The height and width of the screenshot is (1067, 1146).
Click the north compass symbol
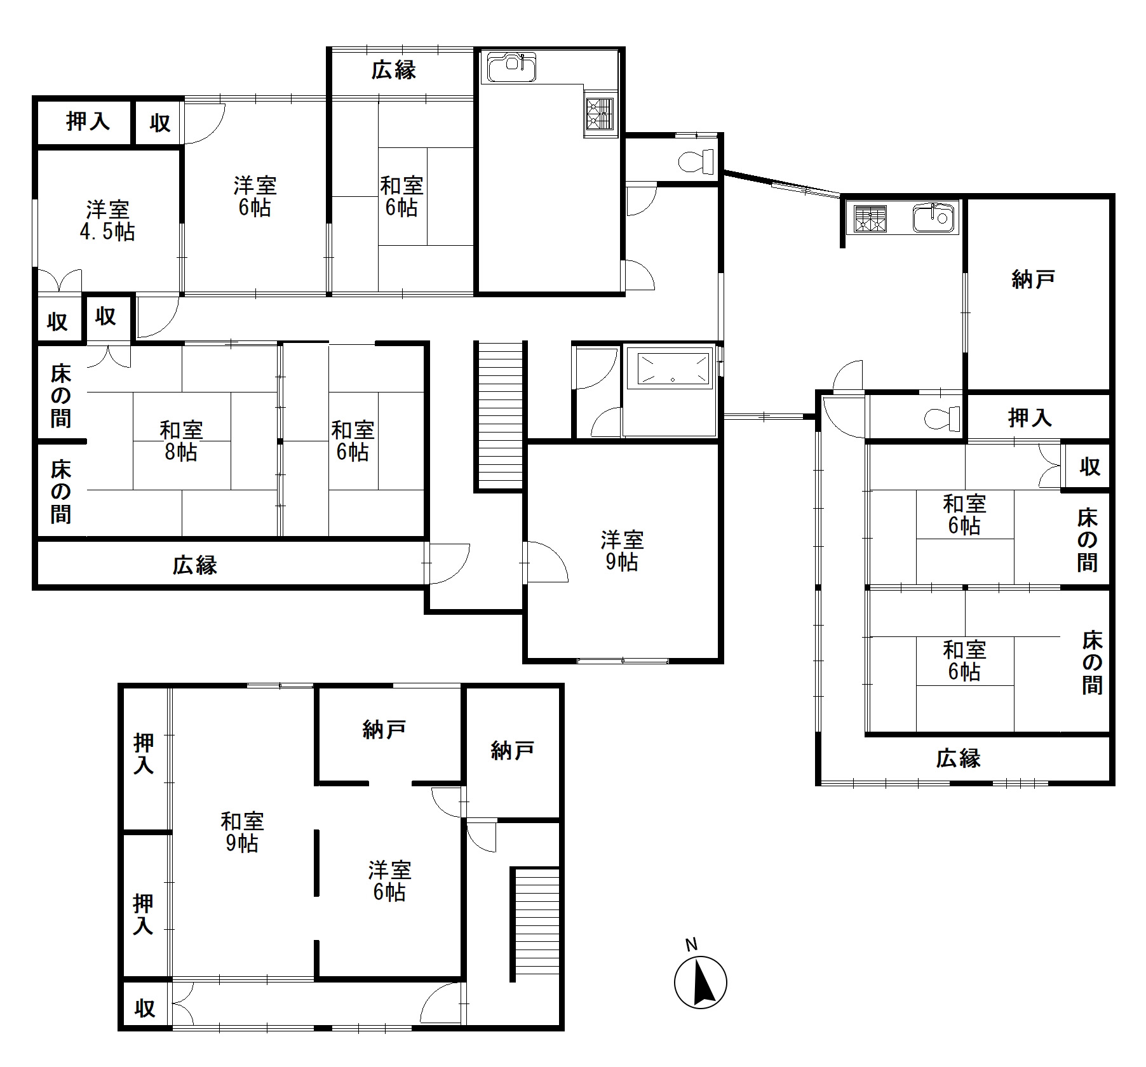(x=699, y=981)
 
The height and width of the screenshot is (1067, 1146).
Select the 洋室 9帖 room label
(x=622, y=551)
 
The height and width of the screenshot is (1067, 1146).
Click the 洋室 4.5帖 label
(x=107, y=220)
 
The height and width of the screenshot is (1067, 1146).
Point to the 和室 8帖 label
(x=181, y=441)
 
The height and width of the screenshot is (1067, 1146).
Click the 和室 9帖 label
(x=242, y=833)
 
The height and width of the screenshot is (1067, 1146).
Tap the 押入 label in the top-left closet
(x=88, y=121)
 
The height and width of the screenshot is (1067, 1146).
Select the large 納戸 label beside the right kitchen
(x=1034, y=279)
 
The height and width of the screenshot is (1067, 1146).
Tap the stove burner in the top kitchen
(x=600, y=117)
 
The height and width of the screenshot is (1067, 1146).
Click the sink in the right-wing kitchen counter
(x=934, y=218)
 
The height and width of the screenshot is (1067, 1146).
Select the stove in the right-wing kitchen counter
(x=870, y=218)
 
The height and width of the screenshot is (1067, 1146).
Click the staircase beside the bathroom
(x=499, y=416)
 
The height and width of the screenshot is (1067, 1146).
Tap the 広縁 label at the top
(x=394, y=70)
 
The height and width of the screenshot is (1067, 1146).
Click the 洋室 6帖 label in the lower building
(x=390, y=881)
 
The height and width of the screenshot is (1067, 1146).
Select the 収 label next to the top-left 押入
(x=160, y=123)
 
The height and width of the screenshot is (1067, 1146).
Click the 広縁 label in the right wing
(x=959, y=758)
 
